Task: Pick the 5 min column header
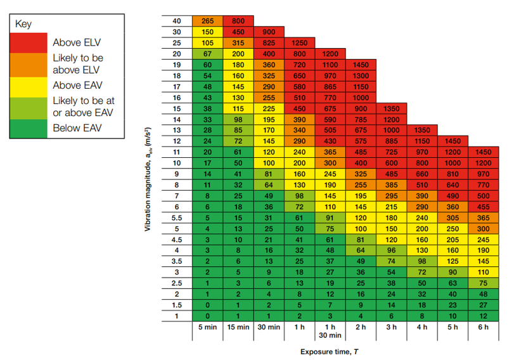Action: [207, 327]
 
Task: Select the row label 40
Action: [177, 21]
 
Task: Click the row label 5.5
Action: [177, 217]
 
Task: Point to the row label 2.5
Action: [177, 283]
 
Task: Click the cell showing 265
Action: [207, 21]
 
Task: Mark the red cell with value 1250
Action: [299, 42]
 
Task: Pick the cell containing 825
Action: [268, 42]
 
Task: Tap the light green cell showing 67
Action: [207, 54]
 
